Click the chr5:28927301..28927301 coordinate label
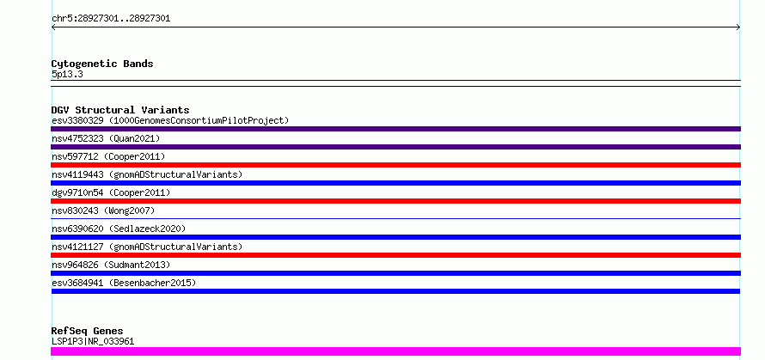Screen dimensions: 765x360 (x=111, y=19)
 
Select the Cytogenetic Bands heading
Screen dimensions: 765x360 (x=102, y=64)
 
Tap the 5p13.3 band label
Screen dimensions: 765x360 (x=67, y=75)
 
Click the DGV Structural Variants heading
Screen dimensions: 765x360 (x=120, y=110)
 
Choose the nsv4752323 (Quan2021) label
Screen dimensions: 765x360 (x=106, y=138)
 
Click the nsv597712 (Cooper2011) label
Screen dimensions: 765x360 (x=108, y=156)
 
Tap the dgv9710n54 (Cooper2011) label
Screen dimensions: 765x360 (x=111, y=192)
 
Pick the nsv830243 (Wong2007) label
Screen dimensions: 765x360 (x=103, y=211)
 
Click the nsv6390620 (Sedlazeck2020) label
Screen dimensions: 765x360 (x=119, y=229)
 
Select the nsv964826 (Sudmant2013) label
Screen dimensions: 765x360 (x=111, y=265)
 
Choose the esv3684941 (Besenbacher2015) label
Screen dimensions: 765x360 (x=124, y=283)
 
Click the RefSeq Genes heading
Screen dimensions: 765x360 (x=88, y=332)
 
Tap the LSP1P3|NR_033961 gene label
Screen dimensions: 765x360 (x=93, y=341)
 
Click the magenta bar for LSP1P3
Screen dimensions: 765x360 (x=395, y=351)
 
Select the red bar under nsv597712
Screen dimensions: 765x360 (x=395, y=165)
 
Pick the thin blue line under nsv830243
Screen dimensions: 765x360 (x=395, y=218)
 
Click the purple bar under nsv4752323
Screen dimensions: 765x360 (x=395, y=147)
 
